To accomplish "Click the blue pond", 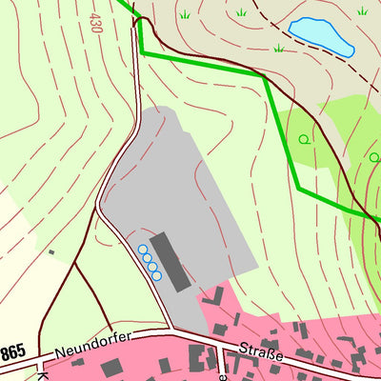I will [321, 35].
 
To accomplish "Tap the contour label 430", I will [94, 22].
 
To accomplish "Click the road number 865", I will [12, 352].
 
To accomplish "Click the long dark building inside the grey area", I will [170, 260].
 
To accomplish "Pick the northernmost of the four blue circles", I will [143, 251].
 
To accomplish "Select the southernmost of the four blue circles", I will [158, 276].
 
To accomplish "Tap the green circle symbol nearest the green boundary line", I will [304, 139].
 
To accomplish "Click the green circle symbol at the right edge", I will [374, 157].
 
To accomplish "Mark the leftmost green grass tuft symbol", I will [184, 15].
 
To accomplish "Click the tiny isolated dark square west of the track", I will [51, 252].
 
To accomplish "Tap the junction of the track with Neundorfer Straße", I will [171, 331].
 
